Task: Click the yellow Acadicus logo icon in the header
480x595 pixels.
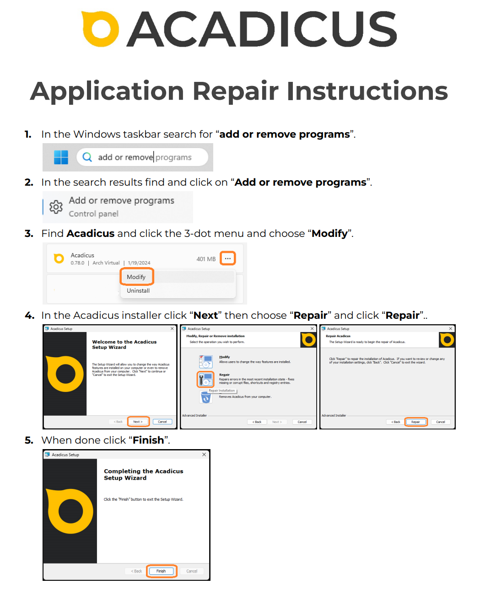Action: pyautogui.click(x=100, y=29)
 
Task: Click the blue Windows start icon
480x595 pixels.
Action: pyautogui.click(x=61, y=157)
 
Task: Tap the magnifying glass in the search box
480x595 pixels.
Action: pyautogui.click(x=87, y=157)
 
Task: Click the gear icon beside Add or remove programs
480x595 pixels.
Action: pyautogui.click(x=56, y=207)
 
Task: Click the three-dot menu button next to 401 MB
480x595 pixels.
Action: pyautogui.click(x=228, y=258)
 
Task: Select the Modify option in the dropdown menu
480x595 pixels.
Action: pyautogui.click(x=136, y=277)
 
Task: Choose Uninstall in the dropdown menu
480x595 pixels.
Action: pyautogui.click(x=138, y=290)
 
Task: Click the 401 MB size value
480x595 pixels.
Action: pyautogui.click(x=206, y=259)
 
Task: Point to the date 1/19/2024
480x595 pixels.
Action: pyautogui.click(x=139, y=263)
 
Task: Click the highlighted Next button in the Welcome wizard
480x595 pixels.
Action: pyautogui.click(x=138, y=422)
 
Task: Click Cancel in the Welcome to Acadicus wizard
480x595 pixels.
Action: pyautogui.click(x=162, y=422)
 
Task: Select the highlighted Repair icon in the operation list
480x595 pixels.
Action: pyautogui.click(x=206, y=379)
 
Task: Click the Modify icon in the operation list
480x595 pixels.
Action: pyautogui.click(x=206, y=361)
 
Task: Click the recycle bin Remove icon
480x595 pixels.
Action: pyautogui.click(x=206, y=398)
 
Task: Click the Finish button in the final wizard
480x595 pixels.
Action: pyautogui.click(x=162, y=571)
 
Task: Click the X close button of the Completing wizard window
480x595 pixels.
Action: pyautogui.click(x=204, y=455)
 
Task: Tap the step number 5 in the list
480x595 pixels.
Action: pyautogui.click(x=29, y=440)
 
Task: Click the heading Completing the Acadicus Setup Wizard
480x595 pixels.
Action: pyautogui.click(x=143, y=474)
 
